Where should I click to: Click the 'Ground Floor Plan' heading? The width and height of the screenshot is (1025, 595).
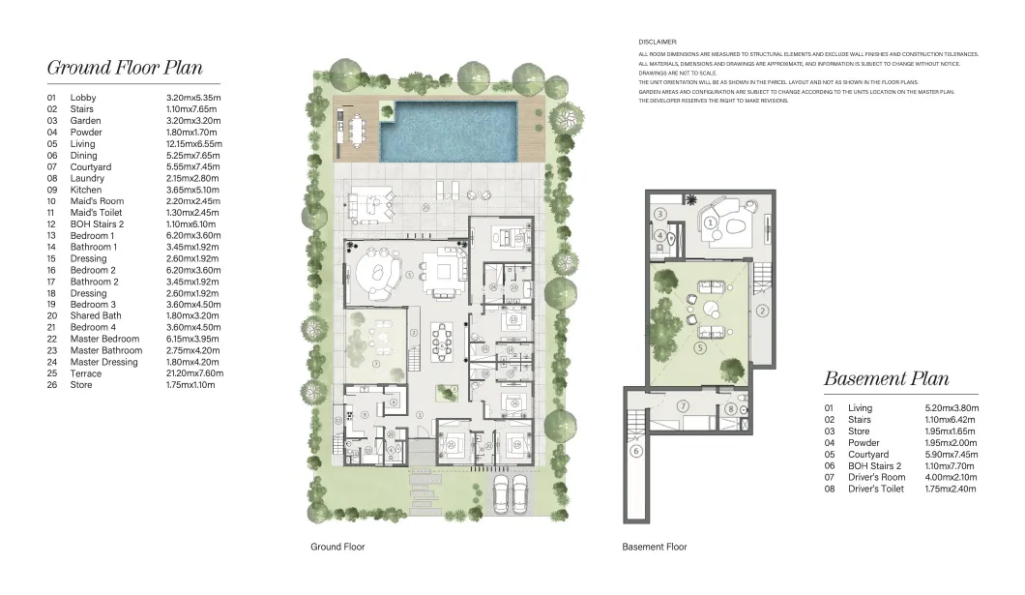click(x=125, y=68)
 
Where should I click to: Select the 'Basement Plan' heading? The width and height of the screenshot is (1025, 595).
click(x=886, y=378)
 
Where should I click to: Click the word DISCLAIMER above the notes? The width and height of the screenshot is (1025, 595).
click(x=658, y=43)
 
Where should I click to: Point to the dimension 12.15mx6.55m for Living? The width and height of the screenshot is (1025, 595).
click(x=193, y=144)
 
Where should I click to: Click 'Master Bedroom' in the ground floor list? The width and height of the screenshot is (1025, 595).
click(x=105, y=350)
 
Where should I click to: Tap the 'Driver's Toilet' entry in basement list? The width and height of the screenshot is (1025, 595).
click(x=877, y=489)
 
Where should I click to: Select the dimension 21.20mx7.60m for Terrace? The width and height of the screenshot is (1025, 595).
click(x=194, y=373)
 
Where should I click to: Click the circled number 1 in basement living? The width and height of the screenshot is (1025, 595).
click(x=710, y=223)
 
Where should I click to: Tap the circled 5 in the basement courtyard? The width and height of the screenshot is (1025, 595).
click(x=699, y=346)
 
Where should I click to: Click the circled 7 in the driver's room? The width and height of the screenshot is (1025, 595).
click(x=683, y=405)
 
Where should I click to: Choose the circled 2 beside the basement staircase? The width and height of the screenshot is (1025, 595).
click(x=762, y=311)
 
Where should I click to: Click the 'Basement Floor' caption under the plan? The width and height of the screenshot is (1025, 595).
click(x=654, y=547)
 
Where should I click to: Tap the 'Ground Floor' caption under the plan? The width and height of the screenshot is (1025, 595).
click(x=337, y=547)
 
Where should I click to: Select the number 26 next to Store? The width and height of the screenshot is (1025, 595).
click(x=51, y=385)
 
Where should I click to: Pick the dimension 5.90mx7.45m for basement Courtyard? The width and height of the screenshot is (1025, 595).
click(x=952, y=455)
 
